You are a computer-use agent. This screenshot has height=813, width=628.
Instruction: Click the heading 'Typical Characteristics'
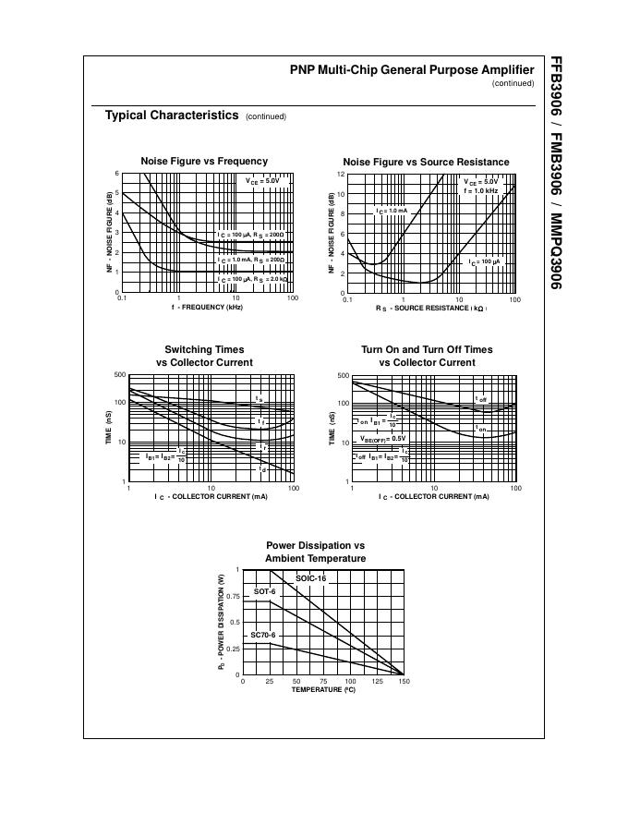(x=171, y=115)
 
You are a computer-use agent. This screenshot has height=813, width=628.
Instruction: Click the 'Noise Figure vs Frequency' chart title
(x=204, y=161)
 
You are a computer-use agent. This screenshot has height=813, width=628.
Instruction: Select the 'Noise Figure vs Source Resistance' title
(x=426, y=162)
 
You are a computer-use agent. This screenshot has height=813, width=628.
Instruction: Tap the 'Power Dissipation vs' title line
(x=315, y=546)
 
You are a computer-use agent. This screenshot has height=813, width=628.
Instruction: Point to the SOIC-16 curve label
(x=311, y=578)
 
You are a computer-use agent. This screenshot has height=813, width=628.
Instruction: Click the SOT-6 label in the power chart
(x=264, y=591)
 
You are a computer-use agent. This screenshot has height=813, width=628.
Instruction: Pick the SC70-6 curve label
(x=263, y=636)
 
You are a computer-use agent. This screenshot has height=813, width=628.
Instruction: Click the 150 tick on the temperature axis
(x=404, y=682)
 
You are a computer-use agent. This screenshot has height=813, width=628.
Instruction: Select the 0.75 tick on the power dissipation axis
(x=232, y=596)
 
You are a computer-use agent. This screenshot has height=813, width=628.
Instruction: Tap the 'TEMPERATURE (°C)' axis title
(x=323, y=689)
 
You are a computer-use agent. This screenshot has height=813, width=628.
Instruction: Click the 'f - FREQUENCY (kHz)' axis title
(x=206, y=307)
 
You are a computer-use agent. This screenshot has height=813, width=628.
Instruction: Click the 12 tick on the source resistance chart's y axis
(x=341, y=174)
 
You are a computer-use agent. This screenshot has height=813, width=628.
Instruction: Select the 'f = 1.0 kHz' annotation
(x=480, y=190)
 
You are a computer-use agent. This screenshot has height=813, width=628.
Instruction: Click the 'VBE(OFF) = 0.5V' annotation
(x=383, y=438)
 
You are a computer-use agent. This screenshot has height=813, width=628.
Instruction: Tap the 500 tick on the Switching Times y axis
(x=119, y=374)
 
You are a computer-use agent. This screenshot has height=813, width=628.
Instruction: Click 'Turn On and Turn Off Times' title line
(x=427, y=349)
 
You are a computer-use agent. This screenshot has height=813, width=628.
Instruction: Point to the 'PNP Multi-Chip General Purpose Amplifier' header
(x=412, y=70)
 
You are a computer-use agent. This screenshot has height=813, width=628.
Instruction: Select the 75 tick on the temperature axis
(x=323, y=682)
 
